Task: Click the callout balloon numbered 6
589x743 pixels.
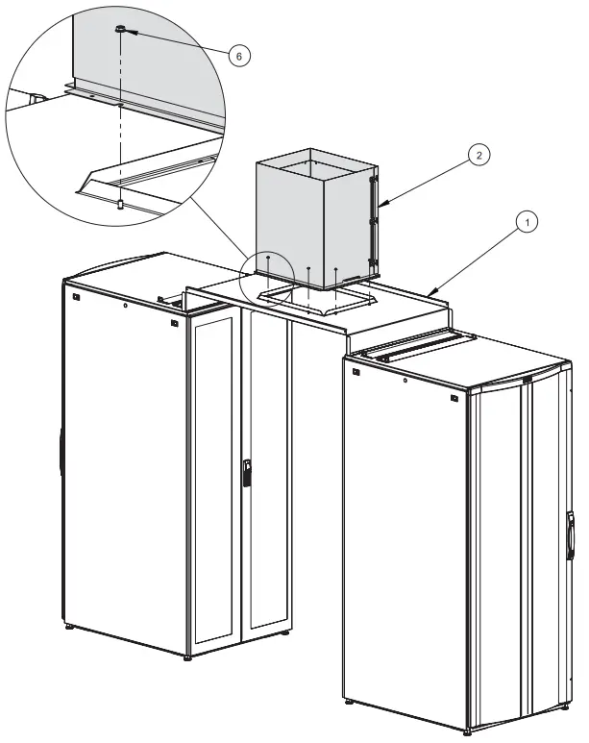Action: [239, 56]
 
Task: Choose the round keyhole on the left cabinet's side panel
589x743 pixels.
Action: [125, 307]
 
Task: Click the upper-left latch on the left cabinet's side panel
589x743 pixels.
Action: [75, 296]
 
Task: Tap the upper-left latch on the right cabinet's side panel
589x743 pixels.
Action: [356, 370]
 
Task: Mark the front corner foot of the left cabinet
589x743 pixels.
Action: [186, 656]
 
